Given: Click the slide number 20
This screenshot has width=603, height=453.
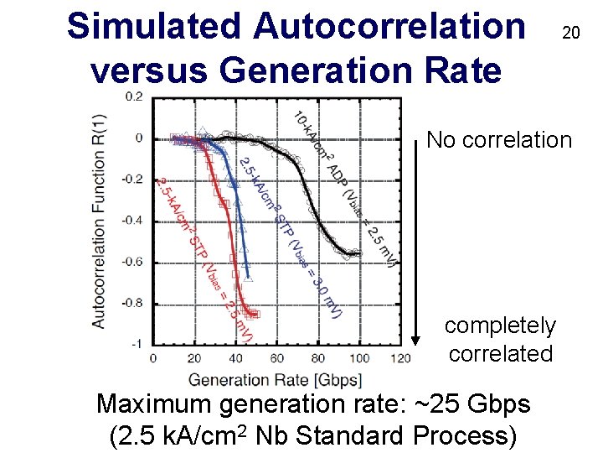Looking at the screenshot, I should [570, 34].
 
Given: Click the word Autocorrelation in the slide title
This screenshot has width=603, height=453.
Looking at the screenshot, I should [389, 26].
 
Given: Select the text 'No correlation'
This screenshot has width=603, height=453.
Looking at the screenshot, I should [499, 139].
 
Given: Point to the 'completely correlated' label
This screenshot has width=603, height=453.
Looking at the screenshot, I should [500, 339].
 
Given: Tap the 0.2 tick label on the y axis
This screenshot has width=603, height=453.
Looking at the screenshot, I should [134, 96].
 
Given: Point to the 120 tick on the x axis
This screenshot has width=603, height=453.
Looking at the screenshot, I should [400, 359].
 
